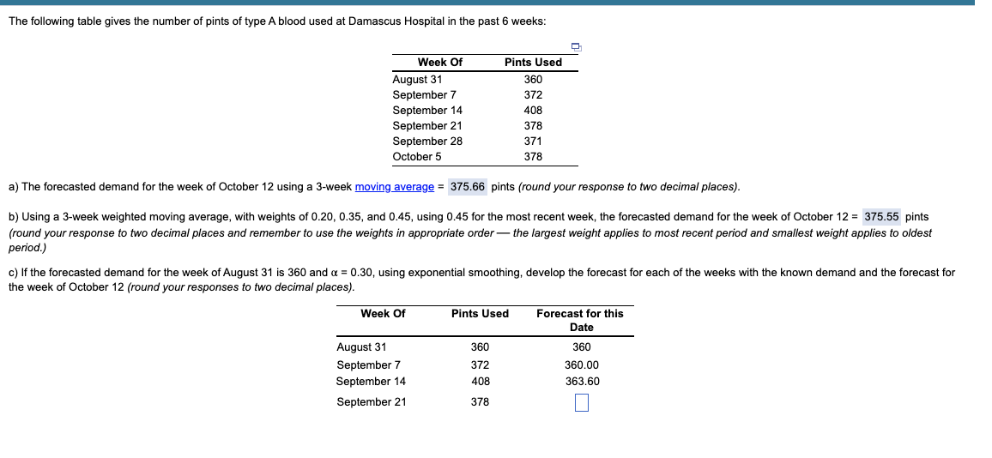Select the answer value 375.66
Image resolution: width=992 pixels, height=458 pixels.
[x=467, y=187]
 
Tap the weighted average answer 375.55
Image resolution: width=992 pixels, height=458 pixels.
[x=881, y=217]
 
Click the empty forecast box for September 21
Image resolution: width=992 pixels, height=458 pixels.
[x=582, y=402]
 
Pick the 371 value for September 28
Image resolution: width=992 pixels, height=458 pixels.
[x=533, y=142]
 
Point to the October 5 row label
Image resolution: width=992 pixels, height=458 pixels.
[x=417, y=157]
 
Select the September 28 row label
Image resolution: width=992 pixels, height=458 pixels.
[x=427, y=142]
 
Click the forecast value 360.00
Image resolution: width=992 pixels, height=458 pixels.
[x=582, y=365]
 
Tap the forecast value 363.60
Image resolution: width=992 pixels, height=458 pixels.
[x=582, y=382]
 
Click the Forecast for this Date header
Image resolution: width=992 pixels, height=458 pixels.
[x=580, y=320]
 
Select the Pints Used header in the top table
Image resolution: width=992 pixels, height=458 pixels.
[x=533, y=63]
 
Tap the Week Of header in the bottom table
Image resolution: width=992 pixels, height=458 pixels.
[x=383, y=314]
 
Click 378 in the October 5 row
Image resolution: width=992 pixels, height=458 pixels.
[x=533, y=157]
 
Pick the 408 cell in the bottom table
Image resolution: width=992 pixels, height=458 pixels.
[x=480, y=382]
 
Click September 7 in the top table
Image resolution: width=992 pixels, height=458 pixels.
[x=424, y=95]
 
